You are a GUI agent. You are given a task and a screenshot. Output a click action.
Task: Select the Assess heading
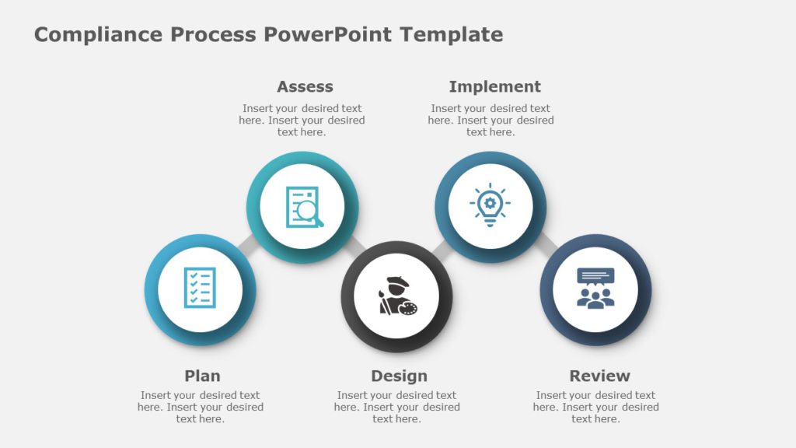coord(305,86)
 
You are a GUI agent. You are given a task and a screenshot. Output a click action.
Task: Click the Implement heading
coord(494,86)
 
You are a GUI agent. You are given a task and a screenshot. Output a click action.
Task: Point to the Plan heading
coord(202,376)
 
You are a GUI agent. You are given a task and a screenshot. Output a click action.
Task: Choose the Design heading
coord(399,376)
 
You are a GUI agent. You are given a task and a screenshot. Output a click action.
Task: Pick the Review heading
coord(599,376)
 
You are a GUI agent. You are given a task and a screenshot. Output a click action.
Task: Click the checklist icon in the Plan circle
coord(200,288)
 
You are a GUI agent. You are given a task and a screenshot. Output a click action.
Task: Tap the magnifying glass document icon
coord(303,207)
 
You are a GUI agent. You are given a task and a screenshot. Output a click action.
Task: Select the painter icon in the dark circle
coord(397,296)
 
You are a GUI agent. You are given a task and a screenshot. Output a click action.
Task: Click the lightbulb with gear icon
coord(490,206)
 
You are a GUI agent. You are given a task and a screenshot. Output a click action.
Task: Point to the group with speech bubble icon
coord(595,289)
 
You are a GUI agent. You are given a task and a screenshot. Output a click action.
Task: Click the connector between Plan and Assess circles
coord(248,243)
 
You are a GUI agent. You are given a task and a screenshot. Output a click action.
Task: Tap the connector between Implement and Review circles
coord(546,241)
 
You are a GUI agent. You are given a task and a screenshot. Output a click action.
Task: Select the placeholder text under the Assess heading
coord(302,121)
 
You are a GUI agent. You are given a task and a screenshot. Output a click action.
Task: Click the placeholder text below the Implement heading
coord(491,121)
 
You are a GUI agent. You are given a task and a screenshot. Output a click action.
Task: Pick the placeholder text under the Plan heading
coord(201,407)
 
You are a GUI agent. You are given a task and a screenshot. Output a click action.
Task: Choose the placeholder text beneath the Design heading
coord(397,407)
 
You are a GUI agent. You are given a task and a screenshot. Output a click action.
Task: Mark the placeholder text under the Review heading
coord(595,407)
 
